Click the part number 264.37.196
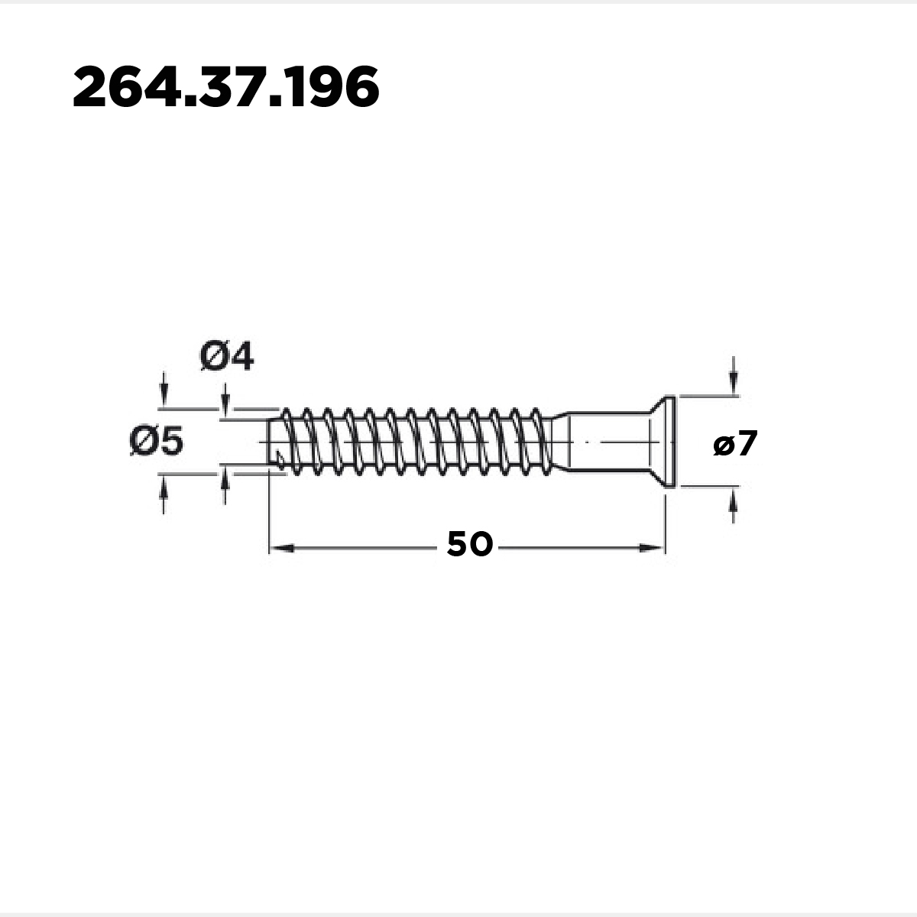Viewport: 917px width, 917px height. click(226, 87)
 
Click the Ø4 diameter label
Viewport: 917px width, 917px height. click(227, 357)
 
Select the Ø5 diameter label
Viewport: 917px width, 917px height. click(156, 441)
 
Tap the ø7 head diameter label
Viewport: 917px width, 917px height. click(735, 443)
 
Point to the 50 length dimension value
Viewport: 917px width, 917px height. click(470, 544)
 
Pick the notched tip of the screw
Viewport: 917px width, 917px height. click(276, 443)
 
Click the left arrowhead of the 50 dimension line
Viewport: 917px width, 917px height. click(281, 549)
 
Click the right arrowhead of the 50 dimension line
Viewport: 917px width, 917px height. click(652, 549)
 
